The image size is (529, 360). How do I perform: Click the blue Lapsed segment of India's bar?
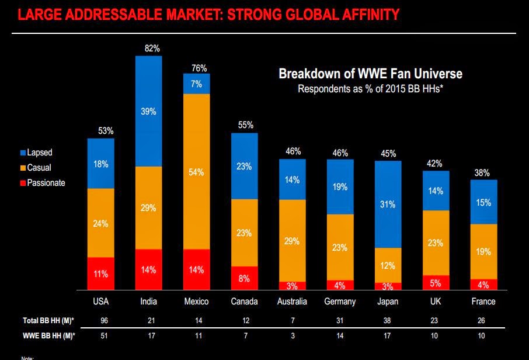click(149, 111)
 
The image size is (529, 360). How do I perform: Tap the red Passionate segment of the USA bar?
click(100, 274)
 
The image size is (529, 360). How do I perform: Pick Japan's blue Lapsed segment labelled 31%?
click(388, 204)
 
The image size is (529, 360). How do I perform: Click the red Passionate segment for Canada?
click(244, 278)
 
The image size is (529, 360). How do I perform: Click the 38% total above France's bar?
click(482, 173)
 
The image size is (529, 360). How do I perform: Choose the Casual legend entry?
click(39, 168)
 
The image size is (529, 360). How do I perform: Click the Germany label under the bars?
click(340, 302)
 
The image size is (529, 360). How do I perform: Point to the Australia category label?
click(292, 302)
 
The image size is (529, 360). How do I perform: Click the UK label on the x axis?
click(436, 302)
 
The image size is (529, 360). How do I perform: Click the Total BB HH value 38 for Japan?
click(388, 320)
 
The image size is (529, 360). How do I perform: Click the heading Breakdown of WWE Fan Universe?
click(370, 74)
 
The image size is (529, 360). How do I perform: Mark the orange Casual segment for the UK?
click(436, 243)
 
